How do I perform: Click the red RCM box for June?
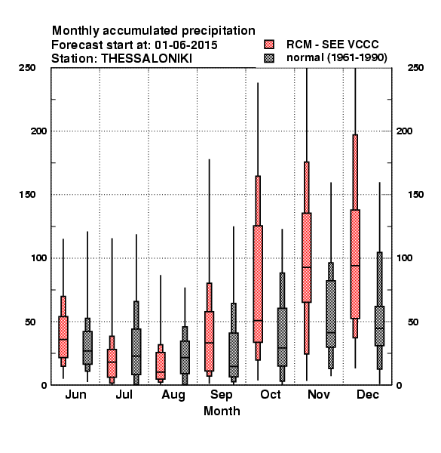coord(63,337)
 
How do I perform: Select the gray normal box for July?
coord(136,352)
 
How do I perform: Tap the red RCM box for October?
coord(258,284)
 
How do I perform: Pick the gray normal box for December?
coord(380,326)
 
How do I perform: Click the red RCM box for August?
coord(161,365)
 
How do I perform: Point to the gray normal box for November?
coord(331,314)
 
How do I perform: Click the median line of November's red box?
coord(307,267)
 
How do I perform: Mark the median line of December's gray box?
coord(380,328)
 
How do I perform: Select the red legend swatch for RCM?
coord(269,45)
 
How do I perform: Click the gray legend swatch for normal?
coord(269,58)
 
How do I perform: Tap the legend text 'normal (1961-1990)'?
coord(337,58)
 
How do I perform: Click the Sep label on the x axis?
coord(221,395)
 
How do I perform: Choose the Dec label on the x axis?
coord(368,394)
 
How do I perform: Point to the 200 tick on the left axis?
coord(38,131)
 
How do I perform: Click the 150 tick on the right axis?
coord(415,195)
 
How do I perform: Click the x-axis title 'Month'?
coord(222,411)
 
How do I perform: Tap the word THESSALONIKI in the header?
coord(146,59)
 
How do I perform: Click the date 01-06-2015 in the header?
coord(186,45)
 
